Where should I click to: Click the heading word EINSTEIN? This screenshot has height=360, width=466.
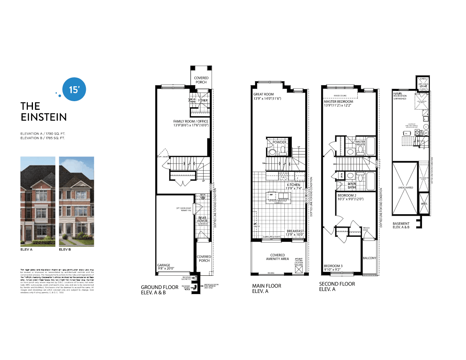pyautogui.click(x=44, y=117)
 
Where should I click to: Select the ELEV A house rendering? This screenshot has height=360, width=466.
pyautogui.click(x=37, y=202)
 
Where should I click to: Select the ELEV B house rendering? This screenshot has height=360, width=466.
pyautogui.click(x=76, y=202)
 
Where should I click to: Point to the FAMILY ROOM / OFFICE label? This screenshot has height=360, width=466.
pyautogui.click(x=191, y=121)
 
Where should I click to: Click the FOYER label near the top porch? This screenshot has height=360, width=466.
pyautogui.click(x=203, y=101)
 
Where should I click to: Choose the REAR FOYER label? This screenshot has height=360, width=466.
pyautogui.click(x=202, y=219)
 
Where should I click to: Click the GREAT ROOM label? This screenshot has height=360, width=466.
pyautogui.click(x=264, y=94)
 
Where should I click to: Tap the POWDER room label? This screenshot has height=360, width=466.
pyautogui.click(x=280, y=142)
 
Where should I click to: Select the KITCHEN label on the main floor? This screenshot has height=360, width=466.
pyautogui.click(x=293, y=185)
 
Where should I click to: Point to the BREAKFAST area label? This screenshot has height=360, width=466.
pyautogui.click(x=295, y=231)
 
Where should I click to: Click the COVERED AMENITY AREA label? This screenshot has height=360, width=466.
pyautogui.click(x=277, y=257)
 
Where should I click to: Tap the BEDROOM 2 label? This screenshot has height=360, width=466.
pyautogui.click(x=348, y=195)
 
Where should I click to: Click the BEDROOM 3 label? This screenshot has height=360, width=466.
pyautogui.click(x=333, y=266)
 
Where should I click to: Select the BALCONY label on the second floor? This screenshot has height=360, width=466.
pyautogui.click(x=370, y=258)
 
